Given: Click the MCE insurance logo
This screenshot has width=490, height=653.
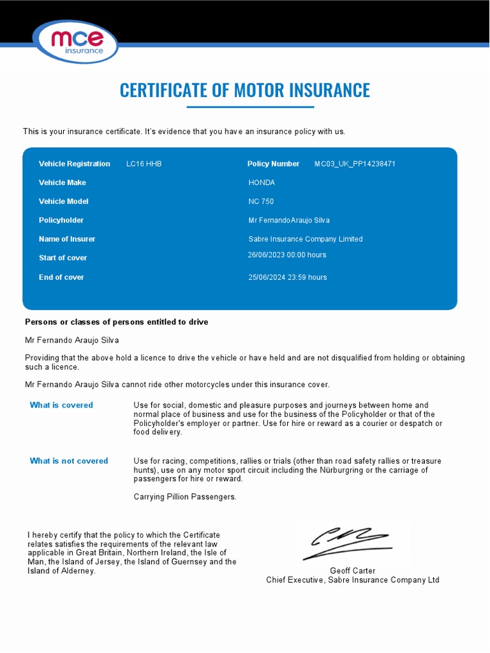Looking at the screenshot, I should click(76, 41).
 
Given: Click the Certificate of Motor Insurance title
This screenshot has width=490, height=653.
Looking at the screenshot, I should click(245, 90).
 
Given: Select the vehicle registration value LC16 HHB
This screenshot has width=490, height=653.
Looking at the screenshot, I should click(144, 164).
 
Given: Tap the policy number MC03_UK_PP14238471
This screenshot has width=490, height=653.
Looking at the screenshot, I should click(355, 164).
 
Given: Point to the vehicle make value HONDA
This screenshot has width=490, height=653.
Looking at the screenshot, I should click(262, 182).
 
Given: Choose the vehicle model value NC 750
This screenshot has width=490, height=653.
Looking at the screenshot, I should click(261, 202).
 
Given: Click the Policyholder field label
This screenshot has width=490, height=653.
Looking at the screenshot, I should click(61, 220).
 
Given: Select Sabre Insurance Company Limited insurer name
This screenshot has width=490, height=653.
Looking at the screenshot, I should click(305, 239).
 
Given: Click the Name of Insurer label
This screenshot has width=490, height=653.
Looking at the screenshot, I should click(67, 239).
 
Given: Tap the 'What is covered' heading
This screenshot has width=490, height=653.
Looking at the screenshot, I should click(61, 405).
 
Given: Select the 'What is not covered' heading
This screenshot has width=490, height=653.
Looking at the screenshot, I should click(69, 461).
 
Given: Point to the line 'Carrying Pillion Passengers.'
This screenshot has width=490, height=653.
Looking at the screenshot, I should click(185, 497).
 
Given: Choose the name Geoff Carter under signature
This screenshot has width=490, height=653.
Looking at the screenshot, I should click(352, 571).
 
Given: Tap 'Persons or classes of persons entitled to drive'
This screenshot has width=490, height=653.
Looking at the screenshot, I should click(116, 322).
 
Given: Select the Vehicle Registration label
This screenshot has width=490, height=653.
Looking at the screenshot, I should click(74, 164).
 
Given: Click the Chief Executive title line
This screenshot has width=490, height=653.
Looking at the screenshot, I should click(352, 580).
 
